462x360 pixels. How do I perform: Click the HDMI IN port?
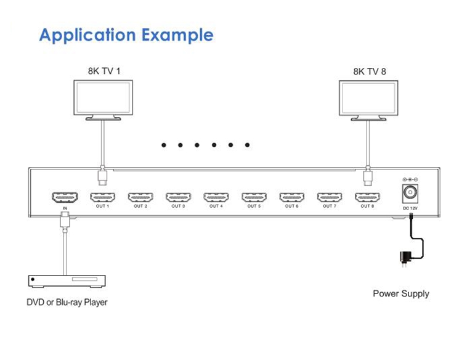pos(65,197)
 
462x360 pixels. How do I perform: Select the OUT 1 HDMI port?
pos(102,197)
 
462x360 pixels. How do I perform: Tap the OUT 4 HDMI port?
pos(216,197)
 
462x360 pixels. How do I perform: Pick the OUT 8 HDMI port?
pos(367,197)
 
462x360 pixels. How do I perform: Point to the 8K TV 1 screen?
pos(103,97)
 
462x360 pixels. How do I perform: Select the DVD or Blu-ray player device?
pos(67,281)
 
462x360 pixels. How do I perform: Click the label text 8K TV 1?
pos(103,71)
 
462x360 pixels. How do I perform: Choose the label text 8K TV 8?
pos(370,71)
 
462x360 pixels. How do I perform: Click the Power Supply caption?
pos(401,293)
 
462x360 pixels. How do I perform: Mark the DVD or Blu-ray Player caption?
pos(67,302)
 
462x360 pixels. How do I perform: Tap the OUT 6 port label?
pos(291,207)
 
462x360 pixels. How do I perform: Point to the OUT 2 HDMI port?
pos(140,197)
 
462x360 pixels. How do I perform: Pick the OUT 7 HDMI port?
pos(330,197)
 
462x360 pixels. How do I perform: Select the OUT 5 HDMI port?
pos(253,197)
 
